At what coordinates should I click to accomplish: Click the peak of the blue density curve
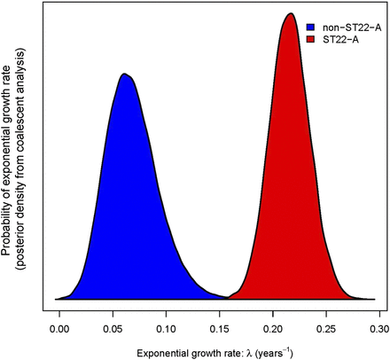pos(125,74)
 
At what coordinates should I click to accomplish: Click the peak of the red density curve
pos(290,14)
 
